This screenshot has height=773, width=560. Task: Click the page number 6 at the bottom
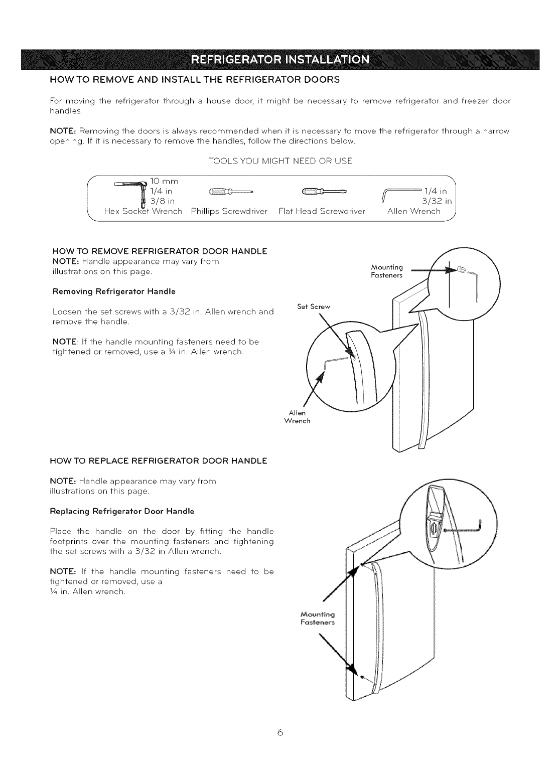(x=280, y=733)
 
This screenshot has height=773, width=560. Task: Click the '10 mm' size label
(x=165, y=180)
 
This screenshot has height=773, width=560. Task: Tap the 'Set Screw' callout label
(x=311, y=306)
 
